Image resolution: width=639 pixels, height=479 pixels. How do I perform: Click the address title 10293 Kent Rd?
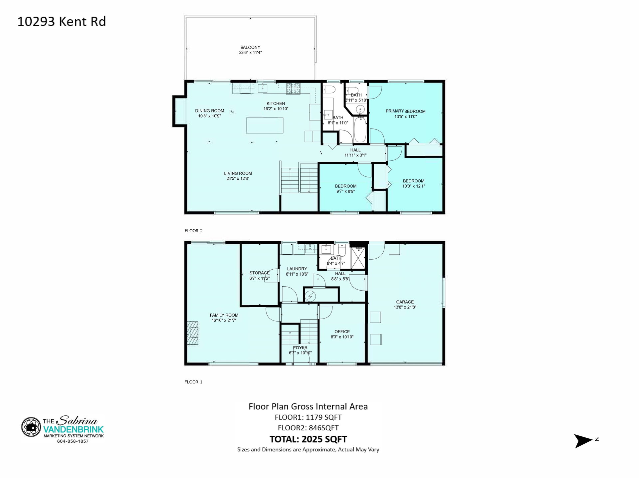(x=62, y=22)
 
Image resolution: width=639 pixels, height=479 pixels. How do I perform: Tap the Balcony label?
(x=250, y=47)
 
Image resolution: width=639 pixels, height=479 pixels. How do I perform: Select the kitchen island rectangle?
(x=265, y=125)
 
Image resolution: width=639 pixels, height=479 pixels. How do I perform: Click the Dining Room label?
(x=209, y=111)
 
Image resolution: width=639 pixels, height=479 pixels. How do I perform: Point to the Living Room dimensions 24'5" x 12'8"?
(x=238, y=178)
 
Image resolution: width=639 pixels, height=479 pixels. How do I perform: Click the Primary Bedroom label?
(x=405, y=111)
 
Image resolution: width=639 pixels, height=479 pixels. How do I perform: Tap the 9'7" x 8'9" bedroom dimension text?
(x=345, y=191)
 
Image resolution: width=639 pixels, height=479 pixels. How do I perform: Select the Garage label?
(x=405, y=302)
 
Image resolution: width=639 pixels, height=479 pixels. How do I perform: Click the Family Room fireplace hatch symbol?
(x=192, y=333)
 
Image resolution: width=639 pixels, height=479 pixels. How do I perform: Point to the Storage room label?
(x=259, y=273)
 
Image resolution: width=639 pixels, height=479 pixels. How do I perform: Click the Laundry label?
(x=297, y=269)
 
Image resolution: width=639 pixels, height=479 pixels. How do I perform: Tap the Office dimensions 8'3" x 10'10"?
(x=342, y=337)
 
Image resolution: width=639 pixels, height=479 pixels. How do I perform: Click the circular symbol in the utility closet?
(x=311, y=295)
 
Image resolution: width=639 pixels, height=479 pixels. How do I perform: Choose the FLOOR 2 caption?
(x=193, y=231)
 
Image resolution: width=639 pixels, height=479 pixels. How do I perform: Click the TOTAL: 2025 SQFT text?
(x=308, y=439)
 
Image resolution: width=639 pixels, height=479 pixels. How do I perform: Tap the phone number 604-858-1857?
(x=73, y=441)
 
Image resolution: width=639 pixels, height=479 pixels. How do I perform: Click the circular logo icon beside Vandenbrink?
(x=31, y=427)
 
